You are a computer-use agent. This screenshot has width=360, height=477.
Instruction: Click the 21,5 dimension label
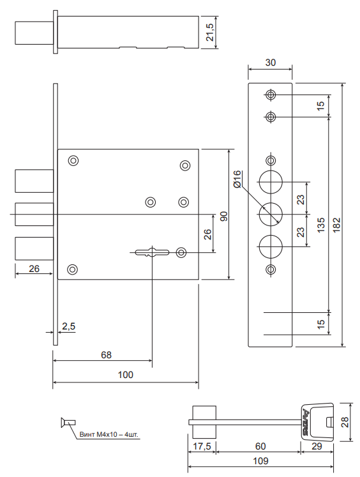point(210,32)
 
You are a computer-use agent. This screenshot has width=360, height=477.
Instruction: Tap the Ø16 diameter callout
point(237,179)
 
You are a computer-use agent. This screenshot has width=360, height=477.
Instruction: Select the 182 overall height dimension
point(337,225)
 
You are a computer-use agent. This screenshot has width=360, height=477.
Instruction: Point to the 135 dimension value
point(321,225)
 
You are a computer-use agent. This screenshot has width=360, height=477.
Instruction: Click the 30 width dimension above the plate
point(270,63)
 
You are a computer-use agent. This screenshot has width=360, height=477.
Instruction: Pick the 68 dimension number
point(106,354)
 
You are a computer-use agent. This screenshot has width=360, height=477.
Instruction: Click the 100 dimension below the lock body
point(126,374)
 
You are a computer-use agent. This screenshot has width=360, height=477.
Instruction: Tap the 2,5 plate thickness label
point(68,326)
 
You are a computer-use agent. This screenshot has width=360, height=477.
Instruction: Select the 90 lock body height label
point(224,216)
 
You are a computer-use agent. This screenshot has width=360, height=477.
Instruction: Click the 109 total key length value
point(260,461)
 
